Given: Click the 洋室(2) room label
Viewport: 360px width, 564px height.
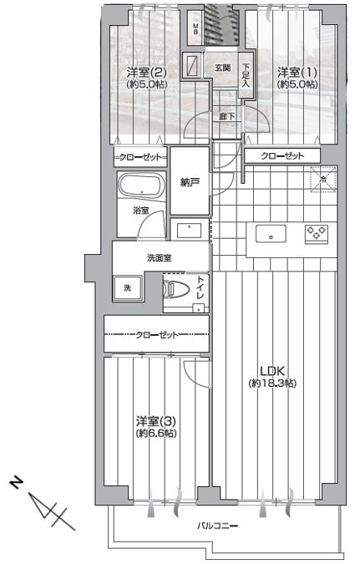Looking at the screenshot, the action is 146,73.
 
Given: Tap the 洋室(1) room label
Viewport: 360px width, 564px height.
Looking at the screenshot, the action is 297,73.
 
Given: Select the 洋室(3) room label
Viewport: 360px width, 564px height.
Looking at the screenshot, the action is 156,421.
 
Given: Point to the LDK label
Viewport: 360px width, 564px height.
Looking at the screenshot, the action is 272,371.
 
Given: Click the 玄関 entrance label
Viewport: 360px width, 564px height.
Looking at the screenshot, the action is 223,68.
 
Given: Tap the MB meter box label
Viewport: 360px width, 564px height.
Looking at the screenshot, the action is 196,28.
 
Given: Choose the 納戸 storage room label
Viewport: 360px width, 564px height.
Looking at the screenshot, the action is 190,183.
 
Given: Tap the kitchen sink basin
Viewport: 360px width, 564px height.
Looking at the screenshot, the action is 271,234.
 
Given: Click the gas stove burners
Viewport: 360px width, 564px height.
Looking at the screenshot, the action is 317,232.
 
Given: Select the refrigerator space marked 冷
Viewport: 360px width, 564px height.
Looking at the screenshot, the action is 323,180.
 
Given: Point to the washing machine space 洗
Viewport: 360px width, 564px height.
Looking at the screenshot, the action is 127,288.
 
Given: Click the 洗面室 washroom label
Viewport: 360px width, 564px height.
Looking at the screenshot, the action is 160,257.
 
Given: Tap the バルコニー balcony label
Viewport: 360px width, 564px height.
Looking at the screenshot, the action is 217,526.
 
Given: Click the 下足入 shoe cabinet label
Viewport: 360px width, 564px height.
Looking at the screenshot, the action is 246,75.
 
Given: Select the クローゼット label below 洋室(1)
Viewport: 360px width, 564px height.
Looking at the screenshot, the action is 282,155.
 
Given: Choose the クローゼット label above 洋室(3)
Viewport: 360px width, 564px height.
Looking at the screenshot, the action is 157,335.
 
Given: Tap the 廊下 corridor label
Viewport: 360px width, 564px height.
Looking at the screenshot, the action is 227,116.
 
